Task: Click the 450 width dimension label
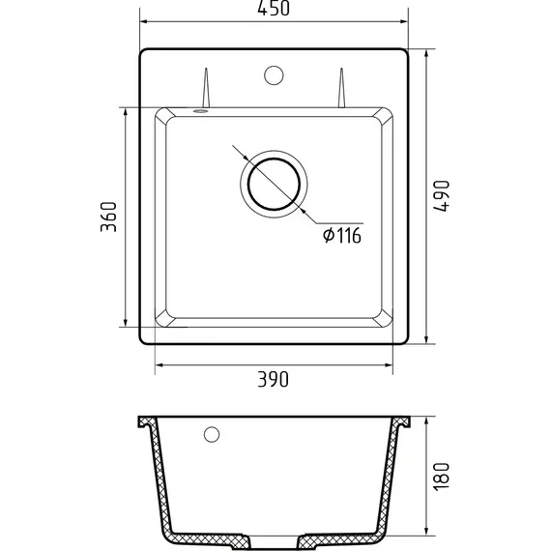click(274, 9)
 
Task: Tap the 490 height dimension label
click(442, 196)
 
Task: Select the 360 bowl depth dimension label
click(108, 217)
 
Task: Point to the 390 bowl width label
click(273, 379)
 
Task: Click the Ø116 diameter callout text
click(342, 236)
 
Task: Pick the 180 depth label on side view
click(442, 477)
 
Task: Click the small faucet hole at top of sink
click(274, 75)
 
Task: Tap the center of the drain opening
click(274, 184)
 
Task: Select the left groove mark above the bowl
click(206, 88)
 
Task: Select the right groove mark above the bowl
click(341, 88)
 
